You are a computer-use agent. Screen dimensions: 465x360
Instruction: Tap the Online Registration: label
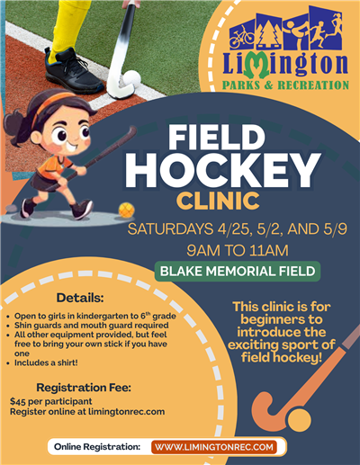coord(97,446)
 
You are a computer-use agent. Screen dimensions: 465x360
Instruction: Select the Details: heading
coord(80,297)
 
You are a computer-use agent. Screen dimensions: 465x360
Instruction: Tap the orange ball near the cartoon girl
coord(126,210)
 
